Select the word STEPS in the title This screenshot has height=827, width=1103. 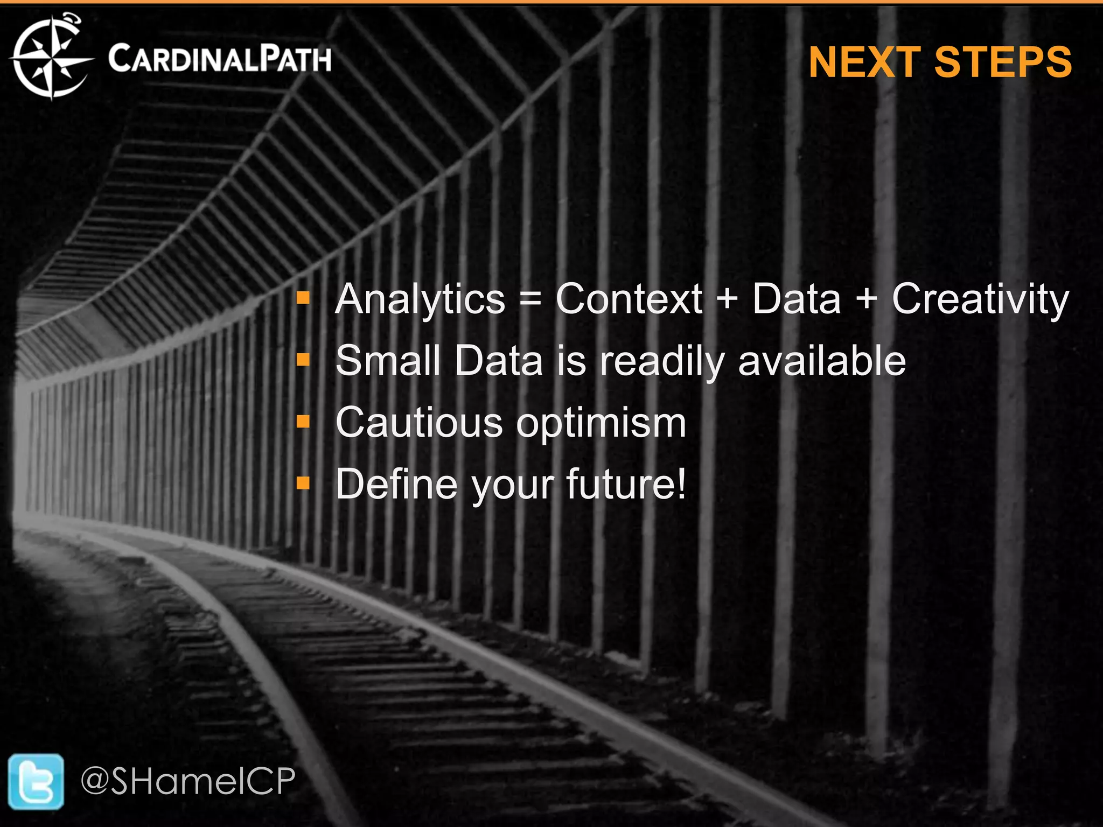[1003, 62]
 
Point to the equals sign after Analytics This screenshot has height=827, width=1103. [530, 299]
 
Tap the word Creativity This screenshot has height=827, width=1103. [980, 299]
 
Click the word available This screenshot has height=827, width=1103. [822, 360]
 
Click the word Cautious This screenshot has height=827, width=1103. [419, 422]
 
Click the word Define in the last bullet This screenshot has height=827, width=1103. [396, 483]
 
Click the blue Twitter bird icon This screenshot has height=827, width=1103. [36, 781]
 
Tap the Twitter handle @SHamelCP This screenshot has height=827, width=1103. [188, 781]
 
